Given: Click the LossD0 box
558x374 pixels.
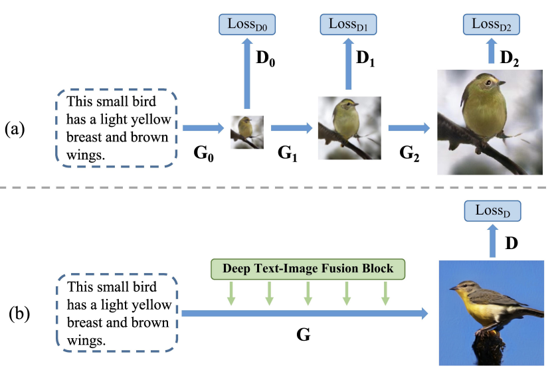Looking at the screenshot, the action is [247, 25].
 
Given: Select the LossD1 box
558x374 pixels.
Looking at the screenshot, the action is [348, 25].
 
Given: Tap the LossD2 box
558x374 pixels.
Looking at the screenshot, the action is [491, 25].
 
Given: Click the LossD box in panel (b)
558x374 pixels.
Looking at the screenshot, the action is [492, 211].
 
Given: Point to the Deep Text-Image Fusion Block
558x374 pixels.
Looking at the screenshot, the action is [308, 269].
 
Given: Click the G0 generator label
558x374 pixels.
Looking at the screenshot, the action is [203, 153].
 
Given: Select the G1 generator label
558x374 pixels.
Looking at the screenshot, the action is [287, 153].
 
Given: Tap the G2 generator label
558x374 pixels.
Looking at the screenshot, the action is [409, 153].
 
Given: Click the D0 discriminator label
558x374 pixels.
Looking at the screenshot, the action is [266, 58].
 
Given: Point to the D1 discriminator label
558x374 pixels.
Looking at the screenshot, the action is [365, 58].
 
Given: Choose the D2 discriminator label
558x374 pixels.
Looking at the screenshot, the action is [510, 58].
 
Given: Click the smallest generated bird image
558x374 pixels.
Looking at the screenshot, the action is [247, 132].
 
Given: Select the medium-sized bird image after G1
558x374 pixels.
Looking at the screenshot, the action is [349, 128].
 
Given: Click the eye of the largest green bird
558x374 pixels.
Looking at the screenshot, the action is [489, 82].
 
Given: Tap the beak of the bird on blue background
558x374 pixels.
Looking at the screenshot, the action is [453, 288].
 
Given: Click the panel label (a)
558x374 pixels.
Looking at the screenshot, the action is [15, 129].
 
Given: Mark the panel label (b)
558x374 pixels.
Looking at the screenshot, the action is [19, 314].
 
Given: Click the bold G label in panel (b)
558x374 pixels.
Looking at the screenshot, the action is [303, 335].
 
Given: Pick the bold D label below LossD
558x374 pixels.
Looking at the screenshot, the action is [511, 243].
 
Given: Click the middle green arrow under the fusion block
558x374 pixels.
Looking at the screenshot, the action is [308, 294].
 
